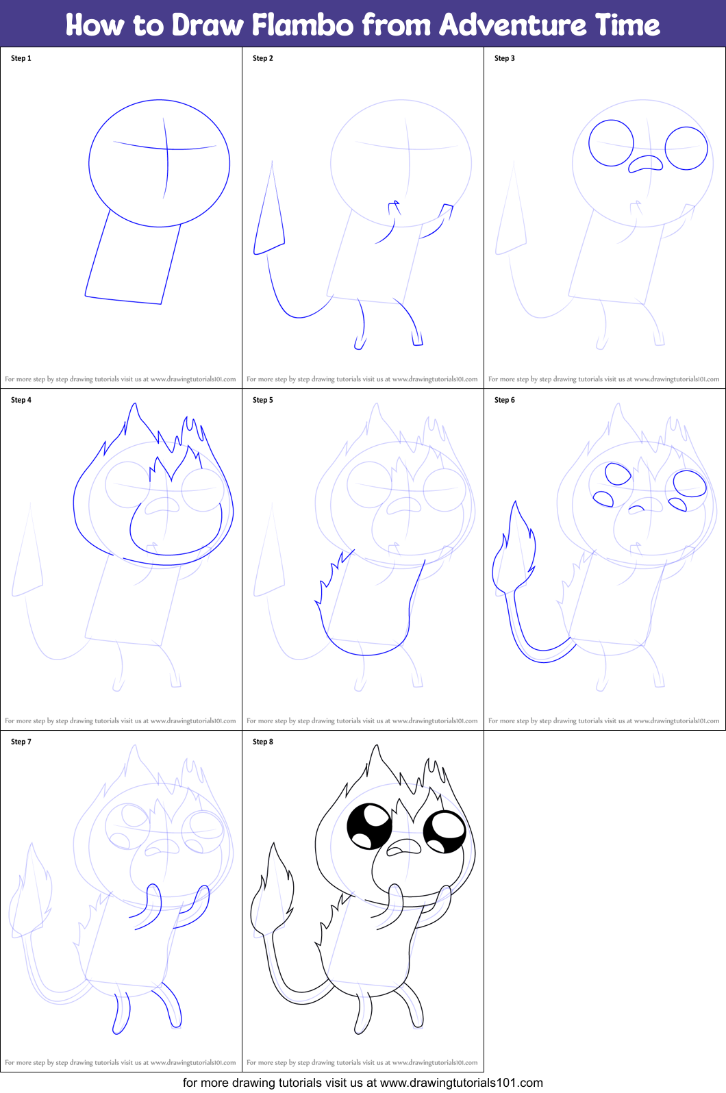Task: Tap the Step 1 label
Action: (x=21, y=58)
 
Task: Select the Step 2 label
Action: (x=263, y=58)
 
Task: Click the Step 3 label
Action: (x=505, y=58)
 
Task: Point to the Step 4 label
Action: (x=21, y=400)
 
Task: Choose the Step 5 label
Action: (x=263, y=400)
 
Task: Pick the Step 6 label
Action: (x=505, y=400)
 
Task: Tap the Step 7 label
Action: (x=21, y=742)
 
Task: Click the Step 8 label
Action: (x=263, y=742)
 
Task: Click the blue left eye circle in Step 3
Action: (x=612, y=143)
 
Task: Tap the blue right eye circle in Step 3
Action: (x=686, y=148)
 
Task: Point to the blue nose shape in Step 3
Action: (x=646, y=163)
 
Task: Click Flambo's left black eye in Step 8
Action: (x=369, y=826)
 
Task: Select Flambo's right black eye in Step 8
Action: (x=445, y=831)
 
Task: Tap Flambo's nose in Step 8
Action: (x=404, y=848)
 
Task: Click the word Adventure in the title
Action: (x=512, y=25)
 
